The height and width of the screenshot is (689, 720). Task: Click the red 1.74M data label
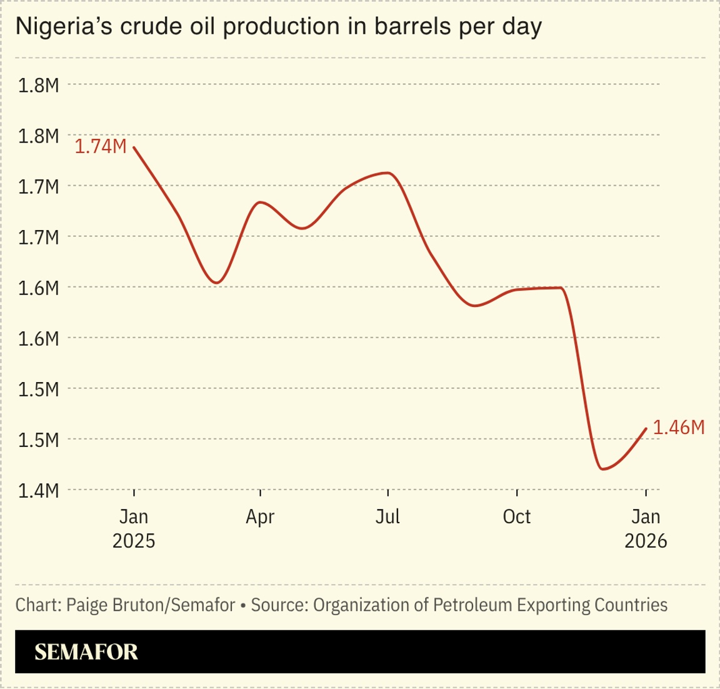(x=101, y=147)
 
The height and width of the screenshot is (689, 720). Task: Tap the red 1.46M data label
(x=679, y=428)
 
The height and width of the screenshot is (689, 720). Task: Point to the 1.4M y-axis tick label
(x=38, y=491)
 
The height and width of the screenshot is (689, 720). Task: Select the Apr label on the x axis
(x=260, y=517)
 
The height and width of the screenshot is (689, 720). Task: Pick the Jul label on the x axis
(x=387, y=517)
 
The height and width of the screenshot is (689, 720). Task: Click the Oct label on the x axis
(x=516, y=517)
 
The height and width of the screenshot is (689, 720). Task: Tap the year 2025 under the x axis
(x=134, y=541)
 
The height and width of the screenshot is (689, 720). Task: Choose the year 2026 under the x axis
(x=646, y=541)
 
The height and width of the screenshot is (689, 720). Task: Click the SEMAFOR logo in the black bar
(x=86, y=652)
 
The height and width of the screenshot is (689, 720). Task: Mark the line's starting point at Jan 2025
(x=134, y=148)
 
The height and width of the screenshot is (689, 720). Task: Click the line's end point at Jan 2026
(x=646, y=428)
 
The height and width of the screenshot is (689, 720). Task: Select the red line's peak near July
(x=388, y=173)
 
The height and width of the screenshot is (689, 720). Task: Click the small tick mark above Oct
(x=517, y=493)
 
